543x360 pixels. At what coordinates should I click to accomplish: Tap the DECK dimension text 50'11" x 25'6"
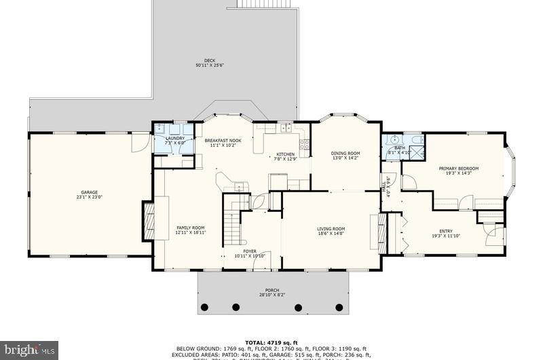point(210,66)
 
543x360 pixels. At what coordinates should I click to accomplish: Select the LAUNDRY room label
point(175,139)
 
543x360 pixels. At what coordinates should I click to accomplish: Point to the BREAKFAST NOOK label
point(223,141)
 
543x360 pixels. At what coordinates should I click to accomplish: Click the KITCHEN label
point(285,154)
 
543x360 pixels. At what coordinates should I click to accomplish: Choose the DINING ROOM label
point(345,153)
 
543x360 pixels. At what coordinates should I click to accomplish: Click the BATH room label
point(400,147)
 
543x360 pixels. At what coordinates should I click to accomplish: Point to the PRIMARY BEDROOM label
point(458,168)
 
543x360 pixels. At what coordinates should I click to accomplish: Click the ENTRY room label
point(445,232)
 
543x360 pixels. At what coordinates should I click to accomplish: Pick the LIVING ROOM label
point(331,229)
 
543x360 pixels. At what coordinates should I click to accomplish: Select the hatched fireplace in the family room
point(147,221)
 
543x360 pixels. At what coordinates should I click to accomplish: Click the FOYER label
point(250,251)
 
